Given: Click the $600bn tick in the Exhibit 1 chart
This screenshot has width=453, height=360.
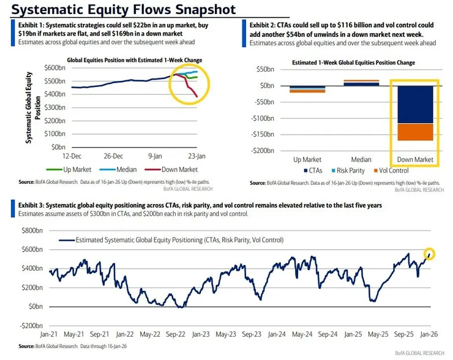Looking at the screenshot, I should point(56,67).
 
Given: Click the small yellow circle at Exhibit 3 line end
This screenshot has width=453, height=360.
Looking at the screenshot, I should point(430,253).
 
